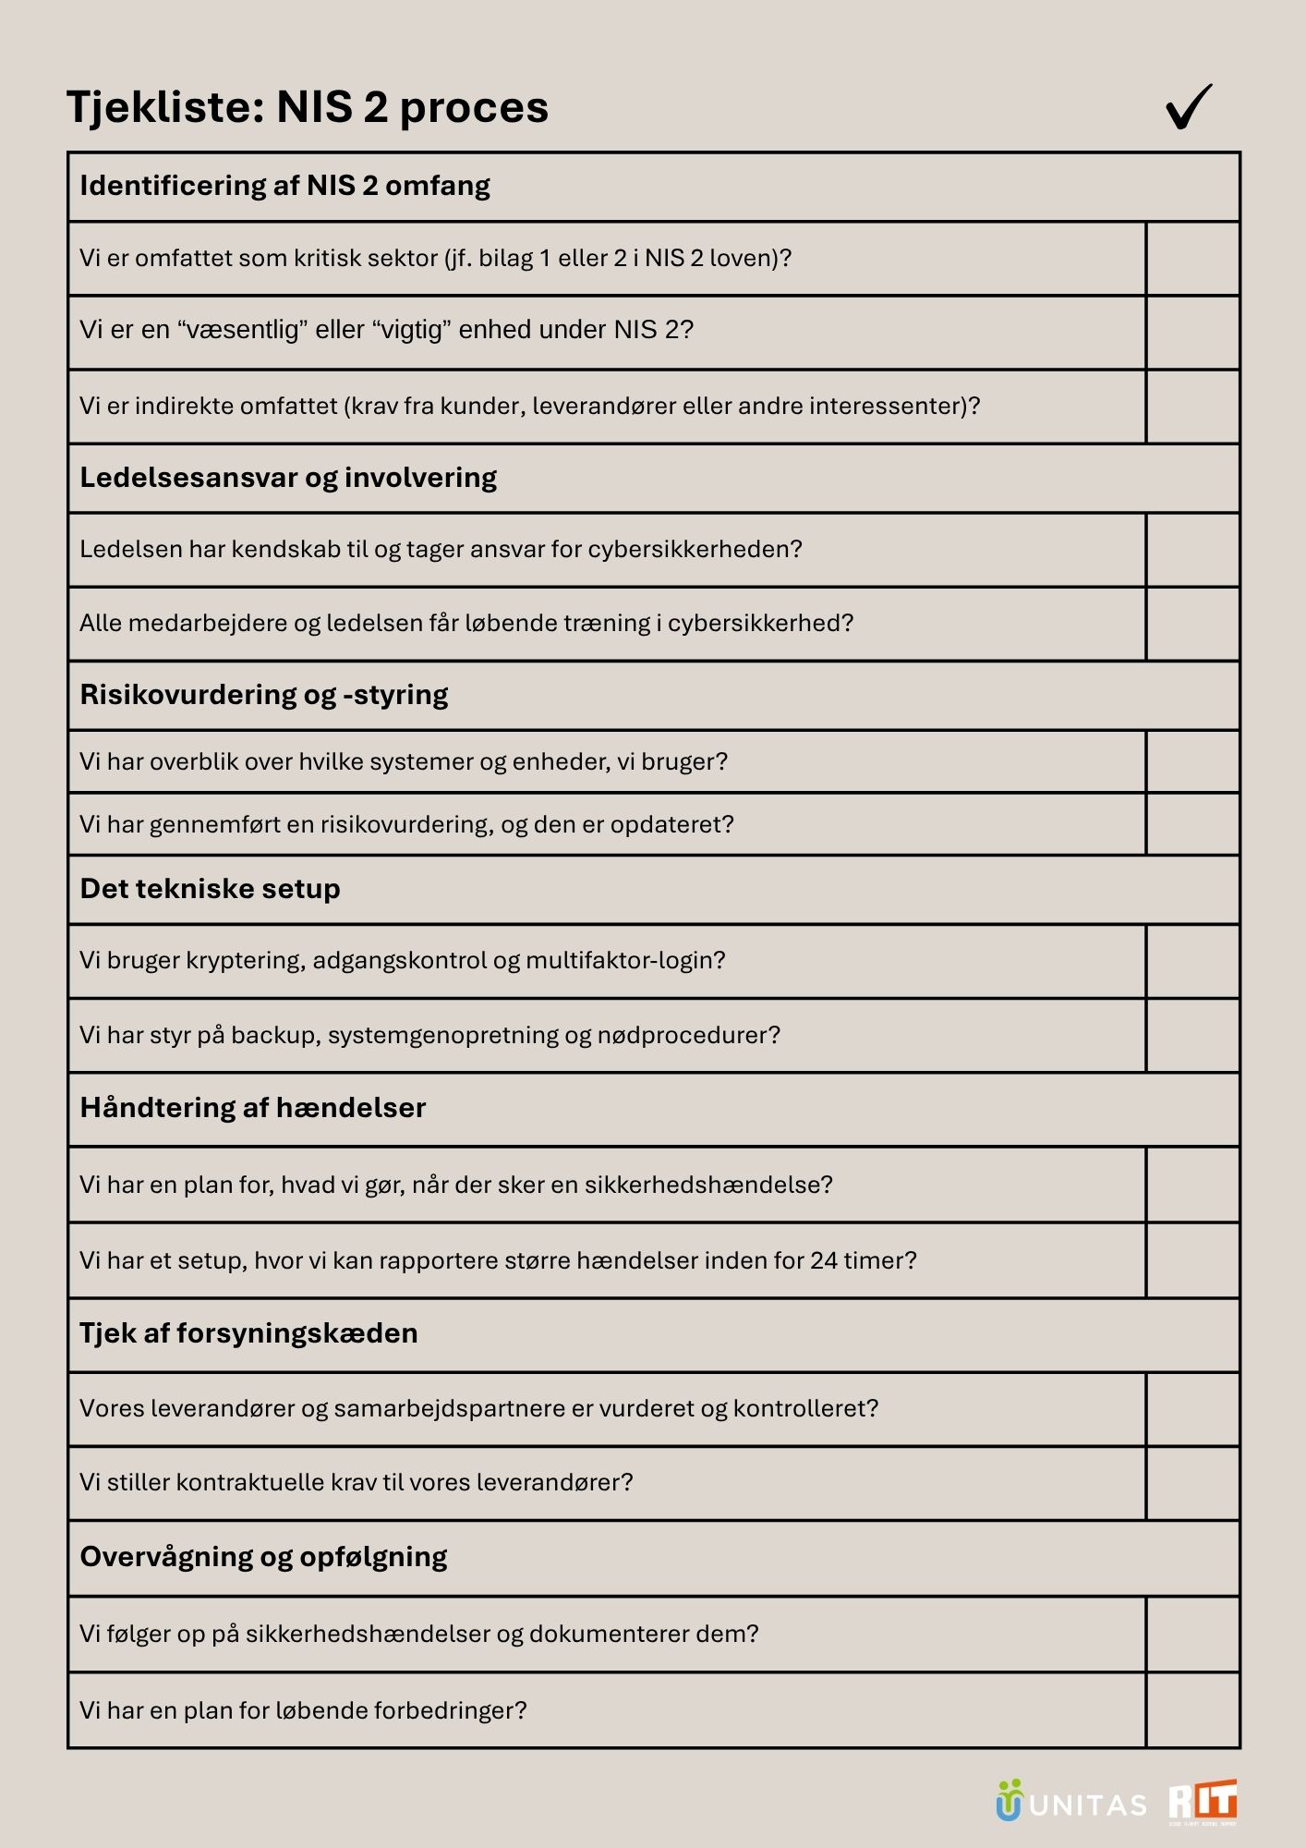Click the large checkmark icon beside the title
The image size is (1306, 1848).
tap(1189, 107)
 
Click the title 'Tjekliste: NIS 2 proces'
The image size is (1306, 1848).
tap(308, 107)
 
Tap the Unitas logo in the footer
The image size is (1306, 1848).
tap(1071, 1802)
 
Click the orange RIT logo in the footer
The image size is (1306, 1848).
tap(1203, 1802)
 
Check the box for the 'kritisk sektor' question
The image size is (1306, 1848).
tap(1192, 259)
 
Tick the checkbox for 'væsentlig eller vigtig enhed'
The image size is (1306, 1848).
tap(1192, 333)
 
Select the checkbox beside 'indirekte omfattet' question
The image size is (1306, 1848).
tap(1192, 407)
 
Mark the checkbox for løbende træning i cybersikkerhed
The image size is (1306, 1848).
tap(1192, 624)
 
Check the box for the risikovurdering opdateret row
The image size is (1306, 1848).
tap(1192, 824)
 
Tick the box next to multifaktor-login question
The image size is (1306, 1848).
tap(1192, 961)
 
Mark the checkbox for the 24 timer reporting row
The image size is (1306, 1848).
tap(1192, 1261)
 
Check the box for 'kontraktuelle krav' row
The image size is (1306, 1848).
tap(1192, 1483)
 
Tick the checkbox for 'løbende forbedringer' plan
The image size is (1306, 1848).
tap(1192, 1710)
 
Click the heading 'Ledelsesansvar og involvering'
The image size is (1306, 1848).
tap(288, 478)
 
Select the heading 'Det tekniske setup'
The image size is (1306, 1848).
tap(210, 889)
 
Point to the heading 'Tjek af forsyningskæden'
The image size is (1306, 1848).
tap(248, 1333)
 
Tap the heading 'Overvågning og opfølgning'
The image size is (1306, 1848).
tap(263, 1557)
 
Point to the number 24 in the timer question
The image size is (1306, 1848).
tap(824, 1260)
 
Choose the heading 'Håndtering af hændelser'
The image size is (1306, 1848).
tap(252, 1108)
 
